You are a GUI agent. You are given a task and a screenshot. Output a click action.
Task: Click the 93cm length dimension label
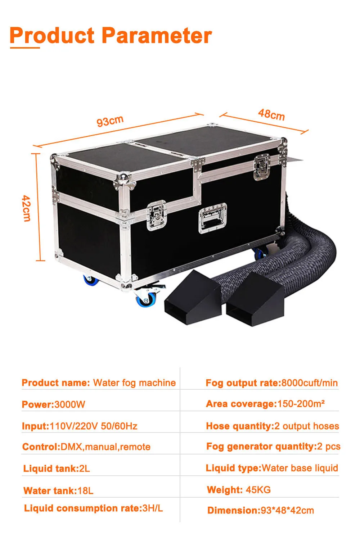click(x=110, y=121)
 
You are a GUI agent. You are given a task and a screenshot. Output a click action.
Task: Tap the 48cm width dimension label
click(x=271, y=114)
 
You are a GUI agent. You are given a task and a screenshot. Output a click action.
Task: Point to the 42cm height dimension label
click(x=26, y=208)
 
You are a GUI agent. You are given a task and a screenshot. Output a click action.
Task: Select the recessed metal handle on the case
click(x=212, y=217)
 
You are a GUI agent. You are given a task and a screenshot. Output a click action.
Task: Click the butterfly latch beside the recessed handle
click(x=157, y=215)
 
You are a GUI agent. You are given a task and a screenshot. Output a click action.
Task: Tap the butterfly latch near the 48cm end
click(x=262, y=167)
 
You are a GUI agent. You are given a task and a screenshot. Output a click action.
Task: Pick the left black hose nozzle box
click(x=191, y=298)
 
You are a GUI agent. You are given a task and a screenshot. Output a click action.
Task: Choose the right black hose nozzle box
click(x=255, y=300)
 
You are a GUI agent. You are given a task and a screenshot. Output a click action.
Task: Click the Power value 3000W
click(x=69, y=404)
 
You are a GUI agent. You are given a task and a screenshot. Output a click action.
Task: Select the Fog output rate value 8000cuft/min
click(x=309, y=383)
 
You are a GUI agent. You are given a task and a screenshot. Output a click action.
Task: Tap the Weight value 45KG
click(x=258, y=490)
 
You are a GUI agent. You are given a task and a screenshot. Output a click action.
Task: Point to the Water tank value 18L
click(x=85, y=490)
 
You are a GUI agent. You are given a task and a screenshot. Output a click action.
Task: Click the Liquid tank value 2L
click(x=84, y=469)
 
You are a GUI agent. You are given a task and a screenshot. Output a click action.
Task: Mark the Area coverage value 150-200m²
click(x=301, y=404)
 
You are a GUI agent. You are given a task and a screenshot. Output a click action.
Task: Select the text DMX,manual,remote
click(x=105, y=447)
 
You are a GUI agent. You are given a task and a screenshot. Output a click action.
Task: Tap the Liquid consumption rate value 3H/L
click(x=153, y=508)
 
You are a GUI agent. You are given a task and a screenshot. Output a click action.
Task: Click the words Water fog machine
click(x=134, y=383)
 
